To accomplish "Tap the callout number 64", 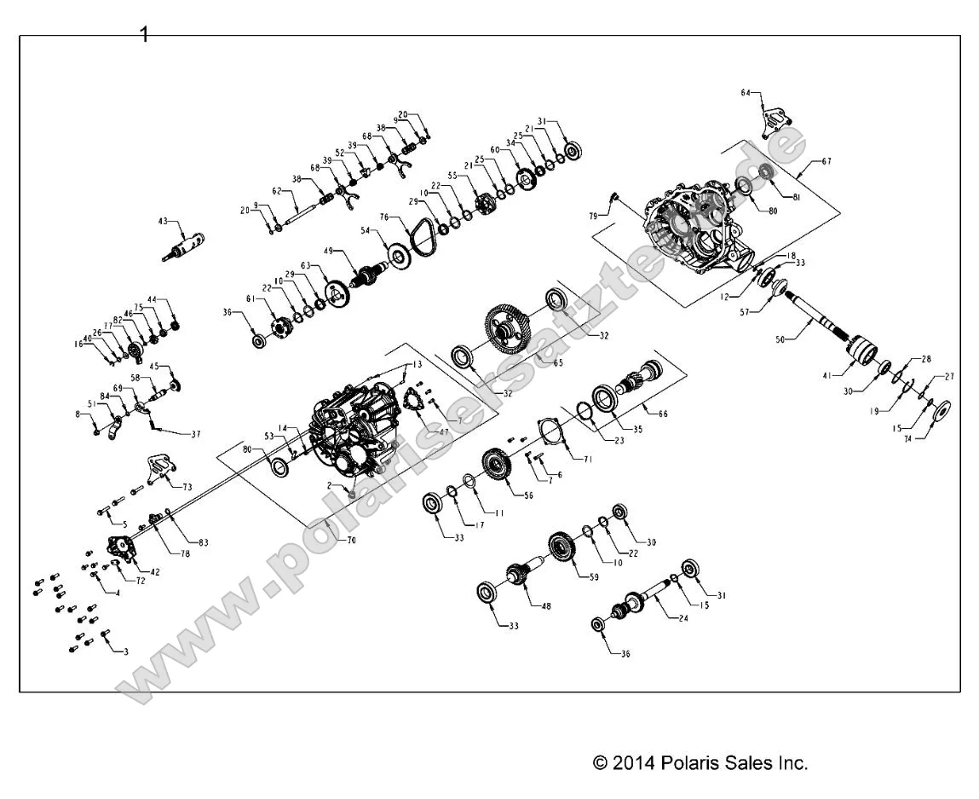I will point(746,91).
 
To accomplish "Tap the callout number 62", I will point(277,190).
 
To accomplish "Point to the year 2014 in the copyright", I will point(633,762).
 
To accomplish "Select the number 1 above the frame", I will point(144,35).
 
